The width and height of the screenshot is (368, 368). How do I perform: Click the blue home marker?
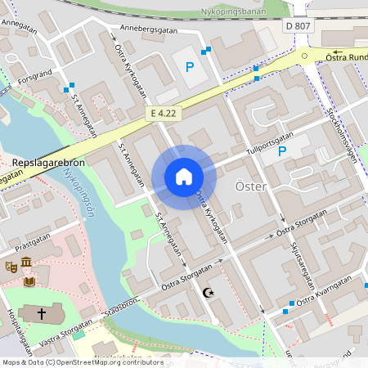(184, 176)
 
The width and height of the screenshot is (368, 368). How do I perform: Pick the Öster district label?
(250, 187)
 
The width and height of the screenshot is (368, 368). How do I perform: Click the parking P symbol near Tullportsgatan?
(282, 151)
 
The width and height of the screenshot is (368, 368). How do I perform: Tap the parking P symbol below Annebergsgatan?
(190, 67)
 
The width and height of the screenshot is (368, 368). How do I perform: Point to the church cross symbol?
(42, 312)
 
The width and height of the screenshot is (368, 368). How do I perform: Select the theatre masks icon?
(11, 266)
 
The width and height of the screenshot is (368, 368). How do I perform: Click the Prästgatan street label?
(34, 243)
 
